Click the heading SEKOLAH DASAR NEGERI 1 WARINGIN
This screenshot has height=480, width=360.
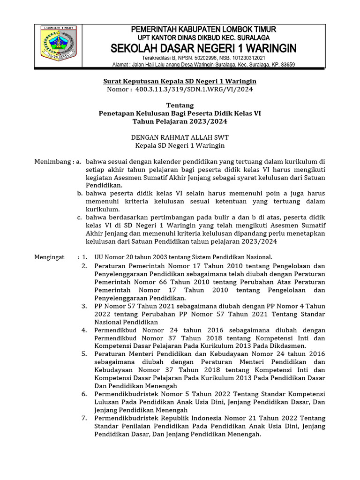(203, 48)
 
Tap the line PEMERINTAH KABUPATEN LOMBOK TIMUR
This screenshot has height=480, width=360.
(203, 30)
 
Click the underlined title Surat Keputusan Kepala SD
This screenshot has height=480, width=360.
(180, 81)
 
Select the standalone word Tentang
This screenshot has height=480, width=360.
(180, 105)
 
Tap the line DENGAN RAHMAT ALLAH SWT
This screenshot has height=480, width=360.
(180, 137)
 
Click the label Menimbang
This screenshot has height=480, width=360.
(51, 162)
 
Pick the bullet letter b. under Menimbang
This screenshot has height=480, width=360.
(80, 193)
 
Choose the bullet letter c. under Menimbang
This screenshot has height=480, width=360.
(80, 217)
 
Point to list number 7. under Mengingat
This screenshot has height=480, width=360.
(84, 418)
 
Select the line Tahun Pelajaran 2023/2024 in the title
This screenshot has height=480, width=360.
(180, 121)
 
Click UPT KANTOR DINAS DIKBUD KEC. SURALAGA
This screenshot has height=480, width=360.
(203, 37)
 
